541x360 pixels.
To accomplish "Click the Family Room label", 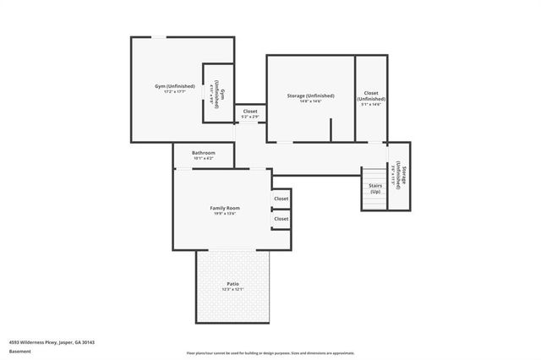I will coord(225,207).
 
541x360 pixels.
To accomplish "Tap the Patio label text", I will coord(232,283).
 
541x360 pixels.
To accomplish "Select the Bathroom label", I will coord(204,152).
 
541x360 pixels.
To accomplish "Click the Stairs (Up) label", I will coord(374,188).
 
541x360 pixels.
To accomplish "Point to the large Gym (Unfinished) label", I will coord(175,86).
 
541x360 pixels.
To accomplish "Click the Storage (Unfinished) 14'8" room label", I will coord(310,95).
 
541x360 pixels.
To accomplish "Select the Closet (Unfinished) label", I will coord(370,95).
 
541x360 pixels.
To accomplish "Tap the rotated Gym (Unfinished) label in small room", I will coord(216,93).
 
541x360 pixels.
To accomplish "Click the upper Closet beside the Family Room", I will coord(281,199).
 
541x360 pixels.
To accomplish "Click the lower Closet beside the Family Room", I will coord(281,219).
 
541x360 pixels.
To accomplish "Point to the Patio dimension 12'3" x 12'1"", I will coord(232,290).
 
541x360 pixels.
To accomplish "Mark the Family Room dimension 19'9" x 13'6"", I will coord(225,214).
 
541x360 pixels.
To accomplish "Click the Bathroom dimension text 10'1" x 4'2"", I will coord(204,158).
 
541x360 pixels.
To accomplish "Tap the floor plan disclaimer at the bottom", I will coord(270,353).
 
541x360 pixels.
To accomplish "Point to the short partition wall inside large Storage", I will coord(331,129).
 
